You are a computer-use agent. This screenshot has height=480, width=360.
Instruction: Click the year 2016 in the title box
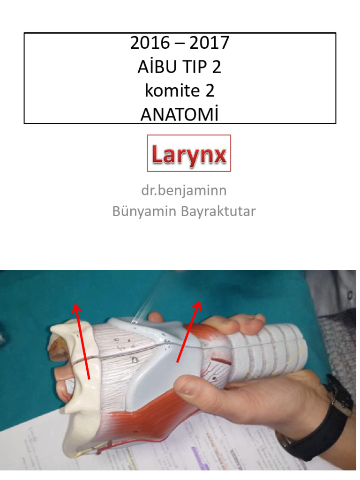150,43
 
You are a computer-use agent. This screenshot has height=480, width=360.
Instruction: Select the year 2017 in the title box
210,43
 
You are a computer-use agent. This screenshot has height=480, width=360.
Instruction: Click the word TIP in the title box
198,67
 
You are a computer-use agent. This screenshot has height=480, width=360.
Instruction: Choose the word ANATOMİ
180,114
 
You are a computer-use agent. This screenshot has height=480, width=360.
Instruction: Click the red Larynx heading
189,154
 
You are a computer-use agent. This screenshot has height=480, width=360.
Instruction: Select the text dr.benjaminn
184,191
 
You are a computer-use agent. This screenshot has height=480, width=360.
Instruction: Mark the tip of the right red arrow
200,302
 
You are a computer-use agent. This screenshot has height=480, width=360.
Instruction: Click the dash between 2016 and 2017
180,44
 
